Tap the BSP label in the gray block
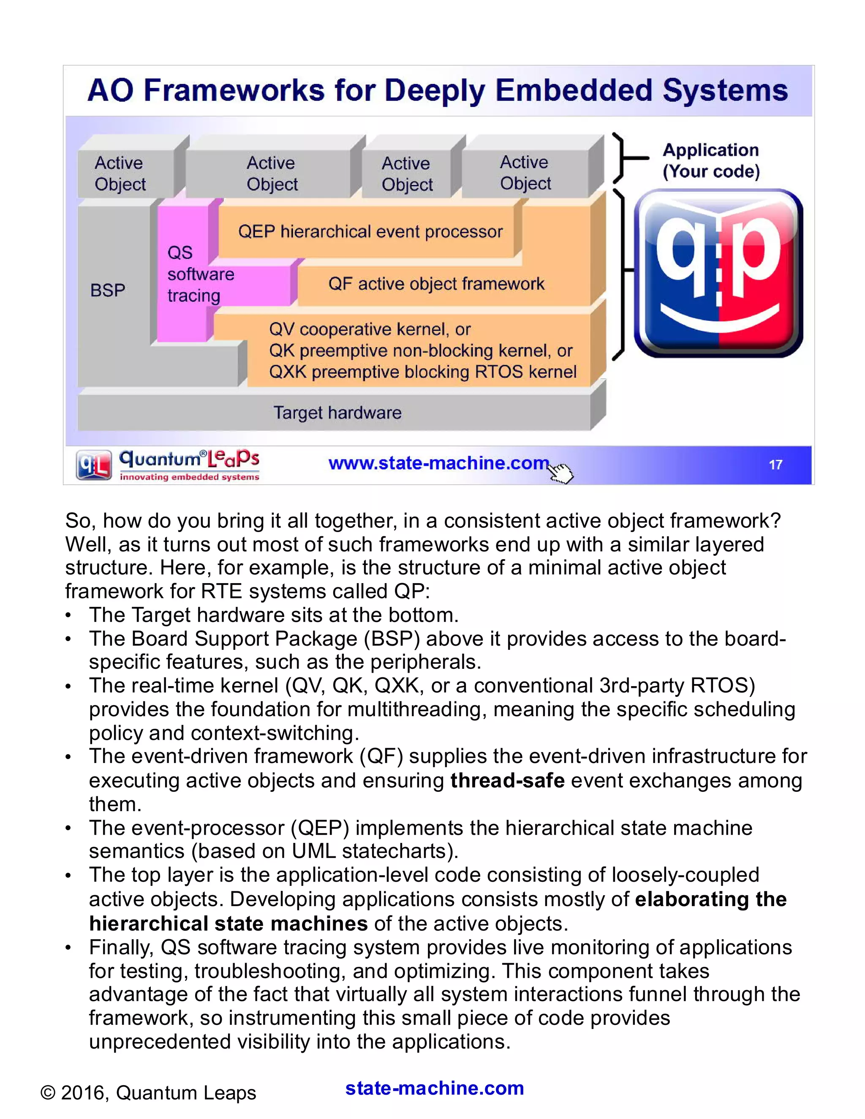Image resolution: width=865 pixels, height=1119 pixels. tap(108, 290)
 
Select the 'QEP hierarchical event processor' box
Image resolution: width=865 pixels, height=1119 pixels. tap(370, 231)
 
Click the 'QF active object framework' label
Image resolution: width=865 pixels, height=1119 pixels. tap(436, 283)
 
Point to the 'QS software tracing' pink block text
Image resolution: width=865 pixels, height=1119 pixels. tap(200, 274)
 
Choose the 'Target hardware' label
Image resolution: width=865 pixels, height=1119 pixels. tap(337, 413)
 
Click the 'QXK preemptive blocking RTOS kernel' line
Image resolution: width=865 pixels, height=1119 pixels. tap(423, 372)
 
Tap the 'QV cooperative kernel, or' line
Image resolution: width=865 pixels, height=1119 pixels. tap(370, 329)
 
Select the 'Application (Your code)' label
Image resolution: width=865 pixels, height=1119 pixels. tap(711, 160)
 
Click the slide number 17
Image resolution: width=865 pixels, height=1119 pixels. tap(775, 465)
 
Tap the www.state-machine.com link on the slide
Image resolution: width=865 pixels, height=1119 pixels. tap(438, 463)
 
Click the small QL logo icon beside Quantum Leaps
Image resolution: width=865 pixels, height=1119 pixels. tap(94, 465)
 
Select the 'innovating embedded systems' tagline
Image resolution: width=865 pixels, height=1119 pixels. tap(190, 477)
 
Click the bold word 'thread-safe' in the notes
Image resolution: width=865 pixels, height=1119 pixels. tap(507, 780)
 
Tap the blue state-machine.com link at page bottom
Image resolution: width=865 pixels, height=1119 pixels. tap(435, 1088)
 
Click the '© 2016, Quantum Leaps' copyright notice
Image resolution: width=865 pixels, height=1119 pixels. tap(148, 1092)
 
